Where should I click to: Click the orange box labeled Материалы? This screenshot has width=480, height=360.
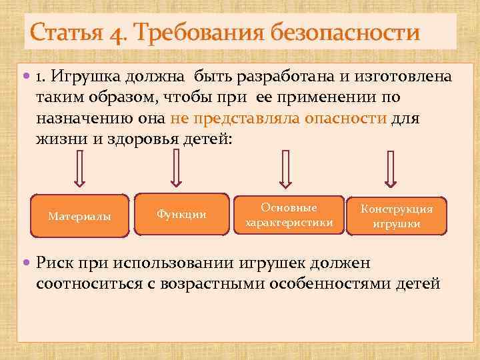click(80, 216)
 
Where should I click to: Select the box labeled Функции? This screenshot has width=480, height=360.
click(181, 214)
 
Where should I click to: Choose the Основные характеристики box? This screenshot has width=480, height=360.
click(289, 215)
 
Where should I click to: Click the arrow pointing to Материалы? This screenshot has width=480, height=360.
click(79, 169)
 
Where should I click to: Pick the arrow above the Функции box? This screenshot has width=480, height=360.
click(177, 167)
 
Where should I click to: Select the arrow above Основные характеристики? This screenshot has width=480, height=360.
click(285, 169)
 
